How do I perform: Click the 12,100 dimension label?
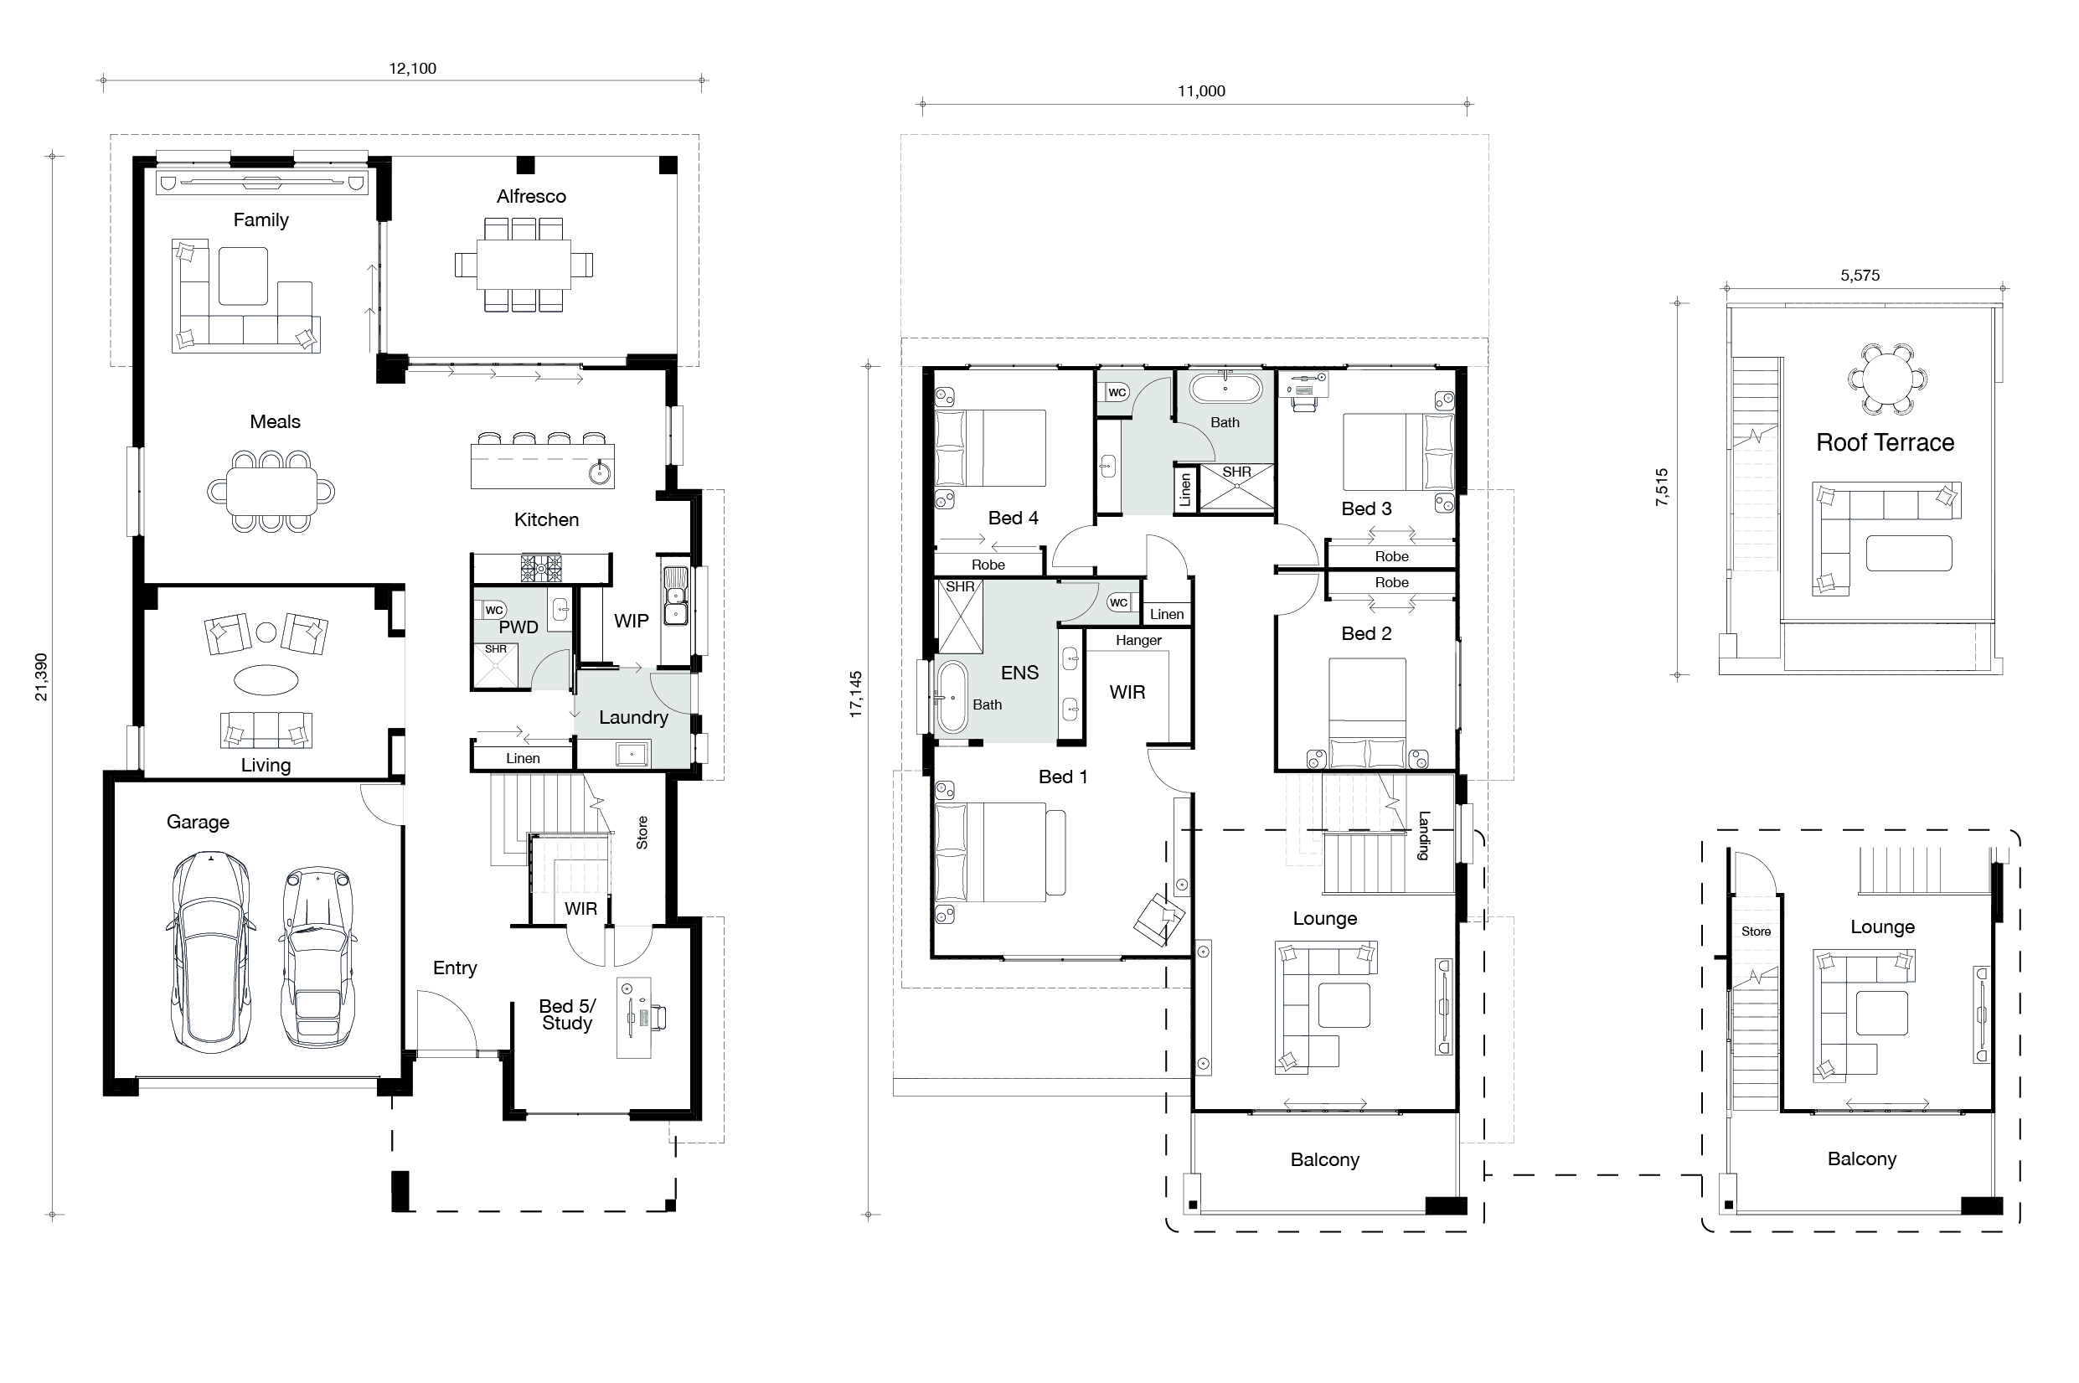[x=412, y=69]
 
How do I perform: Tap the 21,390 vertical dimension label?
[x=40, y=678]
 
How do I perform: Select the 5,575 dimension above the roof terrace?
[x=1860, y=276]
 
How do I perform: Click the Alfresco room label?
[x=531, y=197]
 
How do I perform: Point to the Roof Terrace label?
[x=1885, y=443]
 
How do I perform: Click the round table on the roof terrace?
[x=1886, y=379]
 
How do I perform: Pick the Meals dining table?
[x=271, y=490]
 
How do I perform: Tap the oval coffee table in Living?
[x=266, y=680]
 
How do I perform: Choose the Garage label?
[x=198, y=822]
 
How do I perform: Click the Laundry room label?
[x=633, y=718]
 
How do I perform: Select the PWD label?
[x=518, y=627]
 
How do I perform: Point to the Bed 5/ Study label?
[x=567, y=1014]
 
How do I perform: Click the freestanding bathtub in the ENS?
[x=952, y=698]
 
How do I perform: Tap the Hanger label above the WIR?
[x=1138, y=640]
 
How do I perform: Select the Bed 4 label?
[x=1013, y=518]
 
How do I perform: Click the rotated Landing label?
[x=1423, y=835]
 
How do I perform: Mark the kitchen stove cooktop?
[x=541, y=567]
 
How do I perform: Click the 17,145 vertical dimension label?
[x=855, y=694]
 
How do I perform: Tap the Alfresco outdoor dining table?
[x=524, y=265]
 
